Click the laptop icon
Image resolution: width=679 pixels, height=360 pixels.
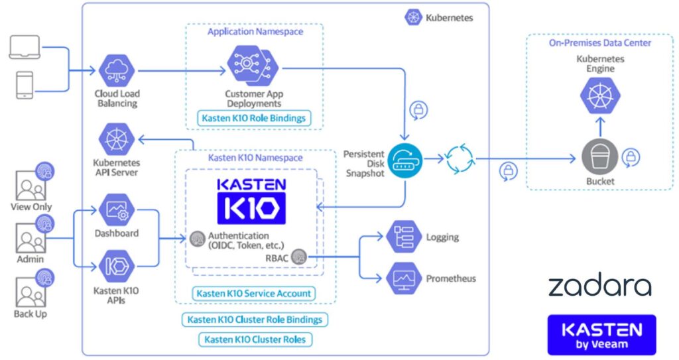click(25, 48)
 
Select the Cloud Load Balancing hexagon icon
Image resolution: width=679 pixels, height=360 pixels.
click(117, 70)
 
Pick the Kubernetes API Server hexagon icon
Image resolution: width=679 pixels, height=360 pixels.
click(117, 140)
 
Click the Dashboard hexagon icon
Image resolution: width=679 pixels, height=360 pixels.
click(117, 210)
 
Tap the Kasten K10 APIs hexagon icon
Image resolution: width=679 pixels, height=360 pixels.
click(117, 267)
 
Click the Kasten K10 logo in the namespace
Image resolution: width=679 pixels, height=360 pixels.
click(251, 200)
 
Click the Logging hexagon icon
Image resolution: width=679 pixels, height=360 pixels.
click(404, 237)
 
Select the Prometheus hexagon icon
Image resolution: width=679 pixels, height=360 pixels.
click(404, 278)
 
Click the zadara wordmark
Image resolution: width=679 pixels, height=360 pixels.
click(599, 286)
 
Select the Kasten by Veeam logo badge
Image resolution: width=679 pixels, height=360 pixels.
click(601, 335)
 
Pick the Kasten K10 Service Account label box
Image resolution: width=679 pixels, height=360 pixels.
click(253, 293)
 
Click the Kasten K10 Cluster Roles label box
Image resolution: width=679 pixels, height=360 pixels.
click(255, 339)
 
